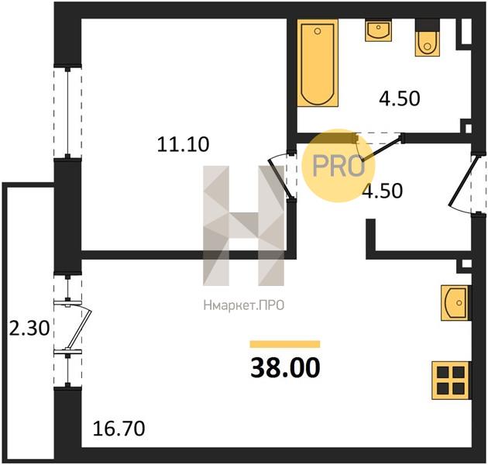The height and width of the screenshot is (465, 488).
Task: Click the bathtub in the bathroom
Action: [318, 64]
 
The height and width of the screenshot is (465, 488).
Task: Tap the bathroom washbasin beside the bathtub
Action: [378, 30]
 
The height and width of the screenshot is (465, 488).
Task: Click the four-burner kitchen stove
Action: [452, 381]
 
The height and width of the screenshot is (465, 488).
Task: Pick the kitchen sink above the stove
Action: [455, 303]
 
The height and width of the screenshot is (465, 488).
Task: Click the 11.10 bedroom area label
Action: [183, 144]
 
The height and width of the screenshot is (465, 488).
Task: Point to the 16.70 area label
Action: [119, 429]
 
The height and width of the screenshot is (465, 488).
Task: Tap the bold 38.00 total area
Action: [285, 367]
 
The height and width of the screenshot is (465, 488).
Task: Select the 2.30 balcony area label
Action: [29, 329]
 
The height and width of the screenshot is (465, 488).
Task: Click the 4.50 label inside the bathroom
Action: [400, 98]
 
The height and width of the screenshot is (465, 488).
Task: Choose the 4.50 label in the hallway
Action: [383, 191]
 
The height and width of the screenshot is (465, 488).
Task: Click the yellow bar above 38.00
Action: [285, 344]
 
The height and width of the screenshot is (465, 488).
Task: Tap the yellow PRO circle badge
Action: [339, 166]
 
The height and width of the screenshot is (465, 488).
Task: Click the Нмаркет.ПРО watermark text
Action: [244, 305]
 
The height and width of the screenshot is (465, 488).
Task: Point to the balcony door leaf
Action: [79, 328]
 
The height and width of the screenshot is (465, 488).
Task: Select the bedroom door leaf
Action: [280, 177]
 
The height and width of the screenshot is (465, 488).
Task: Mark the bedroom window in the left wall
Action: [67, 112]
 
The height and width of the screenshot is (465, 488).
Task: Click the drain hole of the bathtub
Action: [318, 31]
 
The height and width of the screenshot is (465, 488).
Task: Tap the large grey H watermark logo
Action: [244, 226]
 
